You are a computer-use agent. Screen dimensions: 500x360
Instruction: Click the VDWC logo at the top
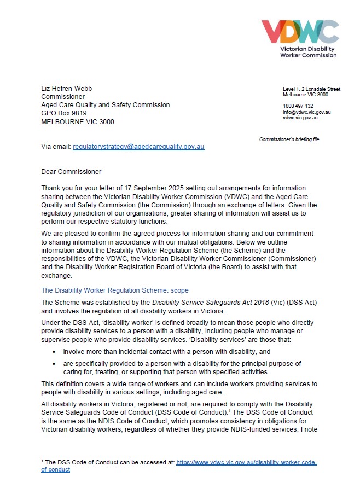[299, 32]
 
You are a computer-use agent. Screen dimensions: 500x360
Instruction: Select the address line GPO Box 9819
[64, 113]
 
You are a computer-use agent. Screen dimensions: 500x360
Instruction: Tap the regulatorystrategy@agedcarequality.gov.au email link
[138, 147]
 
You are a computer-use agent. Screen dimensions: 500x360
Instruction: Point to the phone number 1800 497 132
[298, 106]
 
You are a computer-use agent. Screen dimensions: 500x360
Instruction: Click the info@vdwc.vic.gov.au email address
[306, 112]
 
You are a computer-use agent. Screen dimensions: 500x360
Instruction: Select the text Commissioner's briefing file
[289, 139]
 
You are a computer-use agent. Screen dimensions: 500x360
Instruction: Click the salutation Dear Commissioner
[71, 172]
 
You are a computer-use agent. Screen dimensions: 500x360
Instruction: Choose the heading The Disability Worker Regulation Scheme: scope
[115, 291]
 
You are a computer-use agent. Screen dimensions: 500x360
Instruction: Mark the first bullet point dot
[54, 352]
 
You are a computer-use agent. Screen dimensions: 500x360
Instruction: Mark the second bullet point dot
[54, 364]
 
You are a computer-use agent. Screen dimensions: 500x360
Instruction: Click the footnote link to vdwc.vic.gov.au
[246, 462]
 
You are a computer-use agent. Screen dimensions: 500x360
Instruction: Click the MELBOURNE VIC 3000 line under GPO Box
[78, 122]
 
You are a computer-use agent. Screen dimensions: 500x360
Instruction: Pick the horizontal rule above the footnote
[85, 456]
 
